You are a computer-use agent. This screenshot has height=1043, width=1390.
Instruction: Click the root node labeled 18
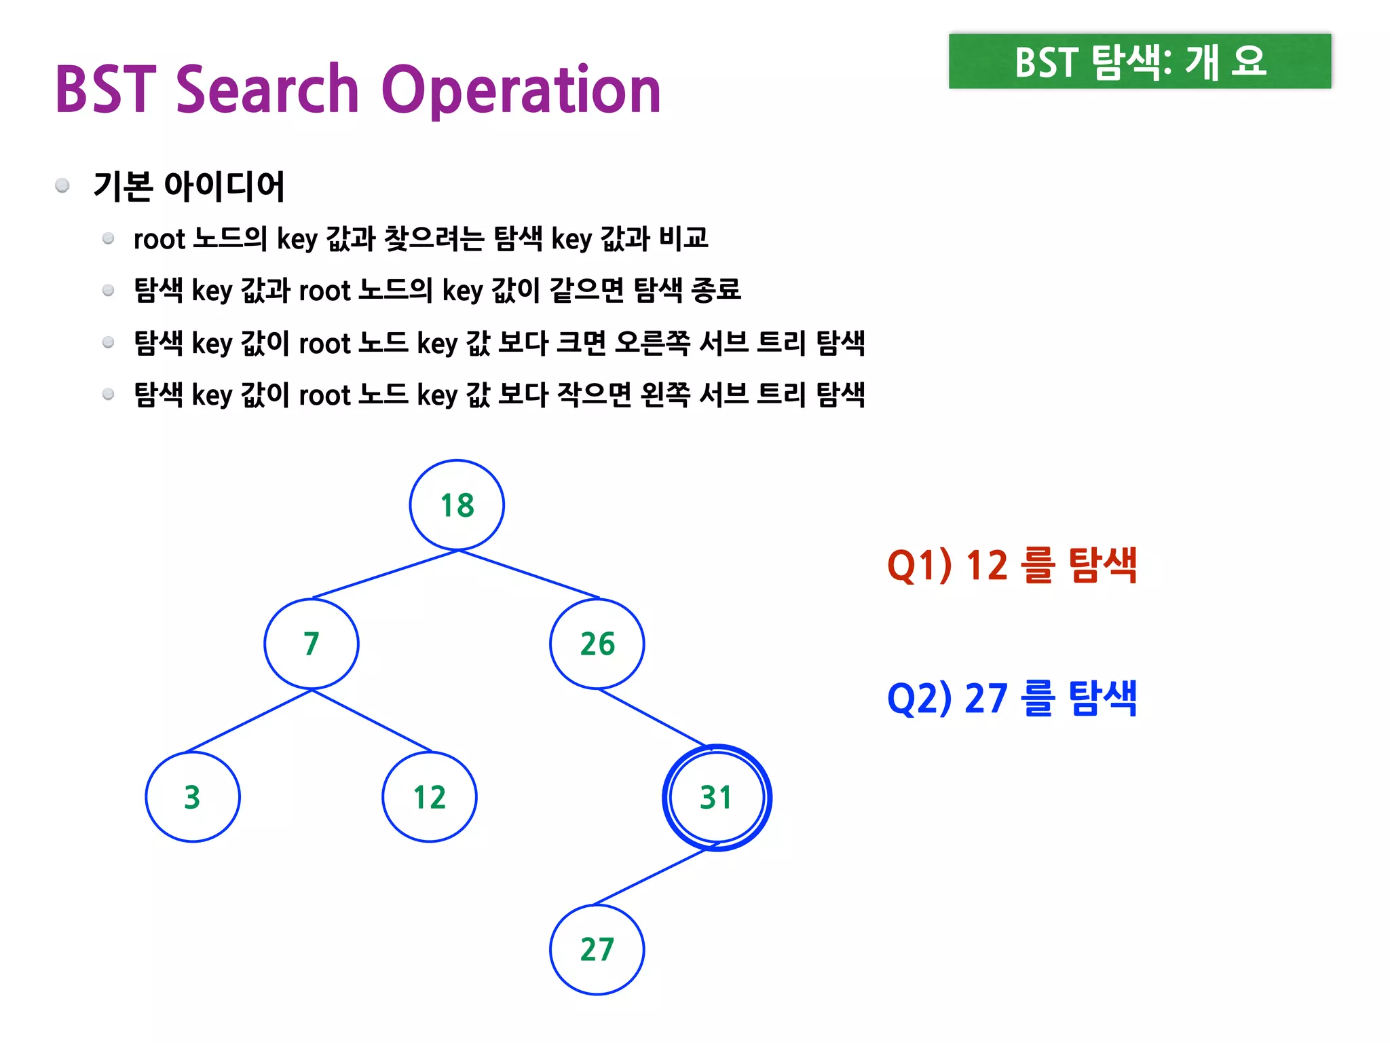pos(457,505)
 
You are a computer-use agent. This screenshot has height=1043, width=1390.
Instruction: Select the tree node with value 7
pos(312,644)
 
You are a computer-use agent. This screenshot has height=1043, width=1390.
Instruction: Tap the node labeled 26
pos(597,644)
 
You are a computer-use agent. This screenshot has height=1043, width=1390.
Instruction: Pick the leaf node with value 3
pos(193,797)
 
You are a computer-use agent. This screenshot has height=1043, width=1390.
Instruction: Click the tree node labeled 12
pos(430,797)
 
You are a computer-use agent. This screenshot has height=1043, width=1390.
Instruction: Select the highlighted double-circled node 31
pos(717,797)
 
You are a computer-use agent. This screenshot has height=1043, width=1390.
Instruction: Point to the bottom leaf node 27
pos(597,949)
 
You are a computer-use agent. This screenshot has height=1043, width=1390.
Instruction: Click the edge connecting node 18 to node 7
pos(386,574)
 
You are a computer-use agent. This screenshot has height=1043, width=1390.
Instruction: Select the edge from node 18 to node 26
pos(529,574)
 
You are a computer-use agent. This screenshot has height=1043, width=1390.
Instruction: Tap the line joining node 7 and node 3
pos(249,720)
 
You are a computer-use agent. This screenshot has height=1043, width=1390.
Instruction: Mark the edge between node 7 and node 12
pos(372,720)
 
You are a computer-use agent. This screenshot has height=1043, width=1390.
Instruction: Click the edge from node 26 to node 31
pos(652,718)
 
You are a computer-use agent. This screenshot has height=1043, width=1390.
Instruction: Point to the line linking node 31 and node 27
pos(650,877)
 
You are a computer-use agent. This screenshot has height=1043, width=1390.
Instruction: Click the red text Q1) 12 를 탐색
pos(1012,565)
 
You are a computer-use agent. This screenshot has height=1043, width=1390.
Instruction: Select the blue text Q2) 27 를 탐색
pos(1012,698)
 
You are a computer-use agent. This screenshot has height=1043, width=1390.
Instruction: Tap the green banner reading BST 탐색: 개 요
pos(1140,62)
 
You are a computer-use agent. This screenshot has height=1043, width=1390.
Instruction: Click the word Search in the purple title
pos(267,90)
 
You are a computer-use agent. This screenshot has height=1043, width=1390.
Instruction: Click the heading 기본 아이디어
pos(189,186)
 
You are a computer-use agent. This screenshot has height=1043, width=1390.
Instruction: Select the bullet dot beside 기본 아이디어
pos(62,185)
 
